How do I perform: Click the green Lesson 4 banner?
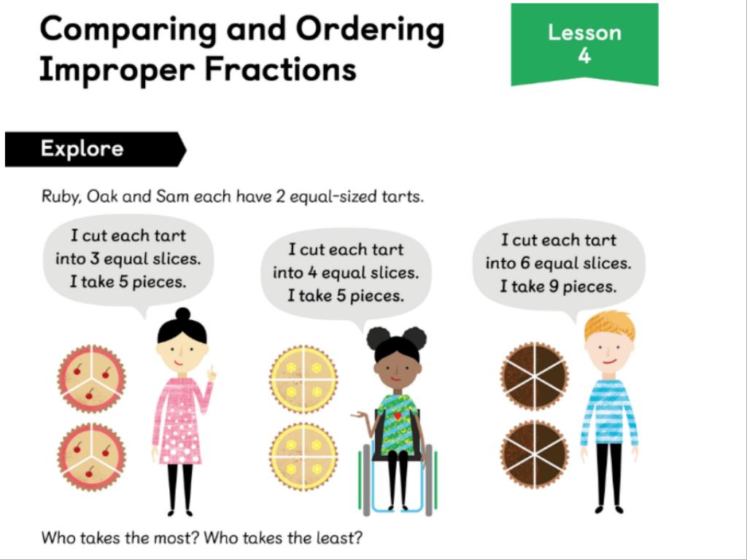[584, 44]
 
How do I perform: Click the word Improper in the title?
[117, 69]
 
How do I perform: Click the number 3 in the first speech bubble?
[94, 259]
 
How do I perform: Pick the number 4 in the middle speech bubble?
[312, 273]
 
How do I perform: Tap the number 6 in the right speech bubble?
[525, 262]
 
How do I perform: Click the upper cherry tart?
[91, 378]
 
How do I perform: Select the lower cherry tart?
[91, 456]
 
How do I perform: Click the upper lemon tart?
[303, 379]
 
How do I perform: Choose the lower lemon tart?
[303, 456]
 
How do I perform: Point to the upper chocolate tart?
[535, 376]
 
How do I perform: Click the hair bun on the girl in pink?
[182, 314]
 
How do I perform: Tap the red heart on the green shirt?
[398, 416]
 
